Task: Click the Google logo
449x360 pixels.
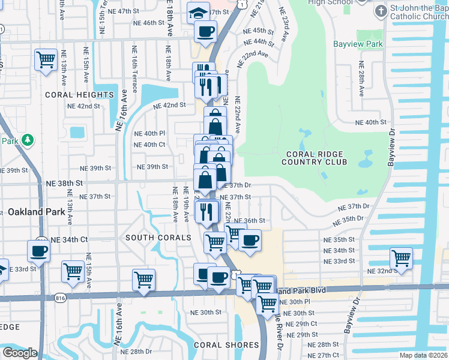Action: pyautogui.click(x=20, y=353)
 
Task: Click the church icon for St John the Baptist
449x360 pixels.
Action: pyautogui.click(x=381, y=11)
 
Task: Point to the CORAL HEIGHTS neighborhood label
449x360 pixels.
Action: pyautogui.click(x=79, y=95)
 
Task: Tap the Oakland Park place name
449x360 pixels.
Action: pyautogui.click(x=34, y=212)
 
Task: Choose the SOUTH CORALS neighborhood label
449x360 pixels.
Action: pyautogui.click(x=158, y=238)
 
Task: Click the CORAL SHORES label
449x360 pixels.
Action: pyautogui.click(x=226, y=345)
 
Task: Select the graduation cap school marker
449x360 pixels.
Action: pyautogui.click(x=197, y=12)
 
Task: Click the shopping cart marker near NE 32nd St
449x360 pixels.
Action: pyautogui.click(x=401, y=259)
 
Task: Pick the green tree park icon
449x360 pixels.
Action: pyautogui.click(x=26, y=140)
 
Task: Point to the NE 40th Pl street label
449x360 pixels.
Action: pyautogui.click(x=149, y=133)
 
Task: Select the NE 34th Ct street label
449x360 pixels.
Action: pyautogui.click(x=69, y=239)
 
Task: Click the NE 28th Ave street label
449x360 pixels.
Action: pyautogui.click(x=361, y=82)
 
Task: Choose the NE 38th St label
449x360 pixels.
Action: pyautogui.click(x=64, y=182)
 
